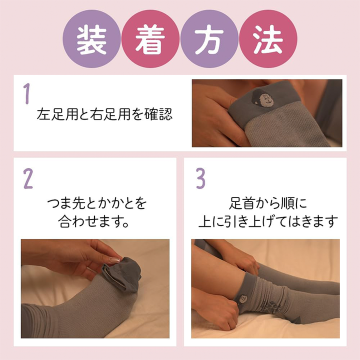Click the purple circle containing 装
92,39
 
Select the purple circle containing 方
209,39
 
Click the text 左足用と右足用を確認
104,114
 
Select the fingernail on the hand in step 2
114,260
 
